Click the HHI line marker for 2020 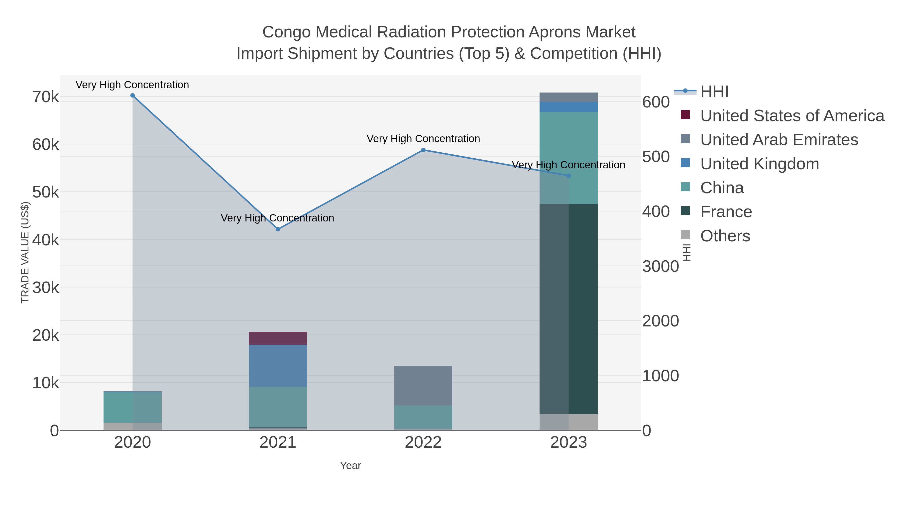(x=132, y=96)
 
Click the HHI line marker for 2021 (x=278, y=229)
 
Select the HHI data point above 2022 (x=423, y=150)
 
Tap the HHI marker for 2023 (x=568, y=176)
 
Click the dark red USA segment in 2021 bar (x=278, y=338)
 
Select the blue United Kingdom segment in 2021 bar (x=278, y=366)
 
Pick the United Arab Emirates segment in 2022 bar (x=423, y=386)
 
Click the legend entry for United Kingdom (x=759, y=164)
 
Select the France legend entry (x=726, y=212)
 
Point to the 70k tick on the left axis (x=46, y=97)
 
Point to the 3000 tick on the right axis (x=660, y=267)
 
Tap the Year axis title (x=350, y=466)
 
